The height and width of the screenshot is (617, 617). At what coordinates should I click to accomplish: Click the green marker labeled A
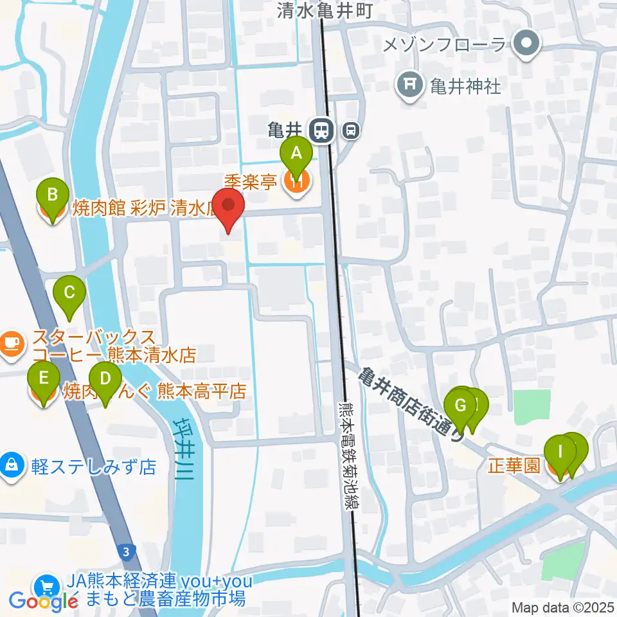pos(296,155)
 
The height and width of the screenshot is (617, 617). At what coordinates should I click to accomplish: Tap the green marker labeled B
pos(53,195)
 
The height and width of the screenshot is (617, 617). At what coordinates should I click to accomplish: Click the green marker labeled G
pos(461,405)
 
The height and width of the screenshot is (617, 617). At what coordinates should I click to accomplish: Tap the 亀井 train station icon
pos(319,130)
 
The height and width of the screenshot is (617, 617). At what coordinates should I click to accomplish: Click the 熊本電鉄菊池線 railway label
pos(345,456)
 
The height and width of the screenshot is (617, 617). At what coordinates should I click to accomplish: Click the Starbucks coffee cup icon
pos(12,345)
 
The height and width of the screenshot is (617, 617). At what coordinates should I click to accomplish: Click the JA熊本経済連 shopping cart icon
pos(46,586)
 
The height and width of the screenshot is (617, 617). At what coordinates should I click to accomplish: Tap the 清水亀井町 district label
pos(325,10)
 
